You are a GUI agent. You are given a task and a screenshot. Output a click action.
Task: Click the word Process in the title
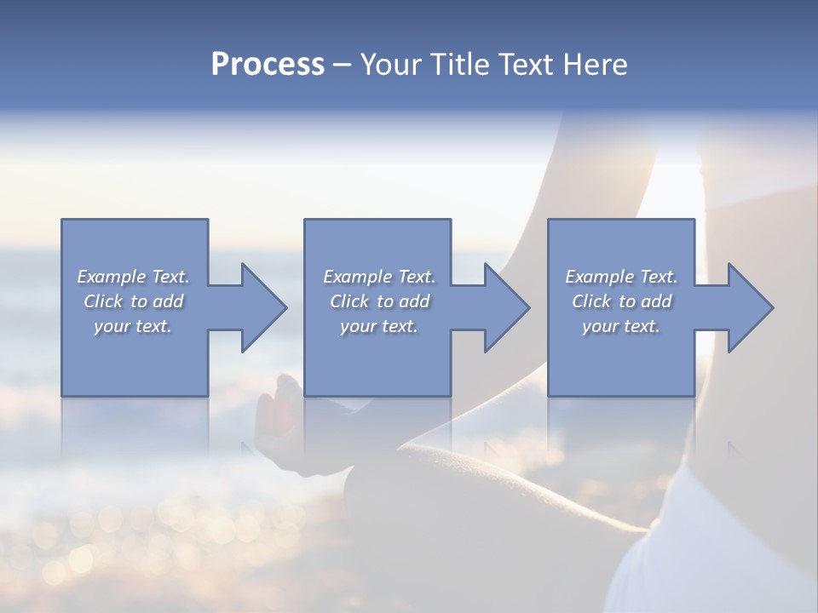[268, 65]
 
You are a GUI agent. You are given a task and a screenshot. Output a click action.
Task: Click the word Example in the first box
[112, 277]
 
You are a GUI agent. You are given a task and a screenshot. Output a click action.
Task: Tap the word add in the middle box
[414, 301]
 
